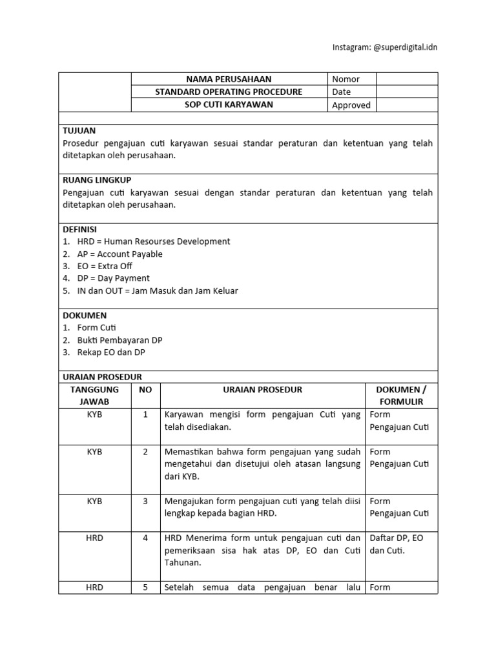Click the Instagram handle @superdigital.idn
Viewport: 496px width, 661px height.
(x=384, y=47)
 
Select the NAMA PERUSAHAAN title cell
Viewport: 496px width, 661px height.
(x=229, y=79)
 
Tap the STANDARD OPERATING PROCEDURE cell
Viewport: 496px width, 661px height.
(x=229, y=92)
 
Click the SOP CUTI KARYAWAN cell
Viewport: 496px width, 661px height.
(x=229, y=105)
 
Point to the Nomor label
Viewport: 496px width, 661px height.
(x=346, y=79)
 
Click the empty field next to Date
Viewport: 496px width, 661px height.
(x=406, y=92)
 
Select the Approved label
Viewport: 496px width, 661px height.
(x=351, y=105)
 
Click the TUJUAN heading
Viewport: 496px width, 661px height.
(x=79, y=130)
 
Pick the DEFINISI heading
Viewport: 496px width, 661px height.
(x=80, y=229)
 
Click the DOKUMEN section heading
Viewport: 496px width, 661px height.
(x=84, y=316)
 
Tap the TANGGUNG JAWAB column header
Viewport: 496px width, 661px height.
(x=94, y=395)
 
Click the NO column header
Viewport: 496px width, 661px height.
(x=145, y=390)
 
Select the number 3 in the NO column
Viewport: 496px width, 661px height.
(x=145, y=501)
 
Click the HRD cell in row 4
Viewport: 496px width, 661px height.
(x=94, y=538)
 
